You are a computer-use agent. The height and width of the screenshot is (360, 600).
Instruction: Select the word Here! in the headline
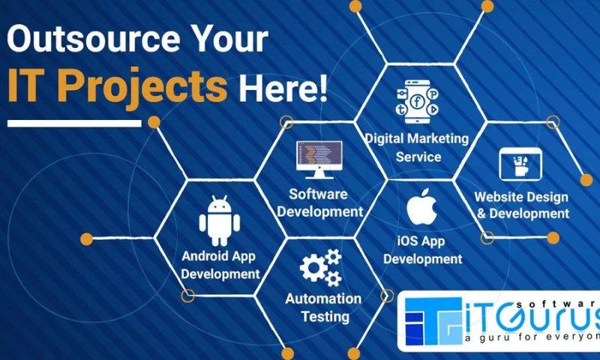click(x=283, y=89)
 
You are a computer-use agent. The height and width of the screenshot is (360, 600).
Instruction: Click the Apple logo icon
click(x=421, y=208)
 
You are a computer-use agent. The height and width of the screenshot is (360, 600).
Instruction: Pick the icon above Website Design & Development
click(x=520, y=164)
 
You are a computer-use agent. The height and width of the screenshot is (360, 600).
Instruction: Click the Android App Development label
click(x=220, y=265)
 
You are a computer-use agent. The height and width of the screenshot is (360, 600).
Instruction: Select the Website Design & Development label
click(x=522, y=205)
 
